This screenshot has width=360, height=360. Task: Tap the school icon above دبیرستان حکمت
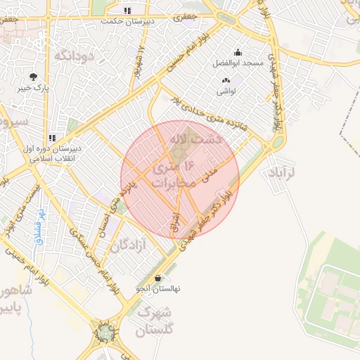127,11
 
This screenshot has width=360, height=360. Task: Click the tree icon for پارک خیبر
33,77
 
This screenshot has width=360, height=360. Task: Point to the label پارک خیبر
33,90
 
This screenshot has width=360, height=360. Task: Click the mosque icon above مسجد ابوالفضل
238,52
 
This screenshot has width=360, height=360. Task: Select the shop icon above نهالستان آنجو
157,277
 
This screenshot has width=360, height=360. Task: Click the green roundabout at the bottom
106,330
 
